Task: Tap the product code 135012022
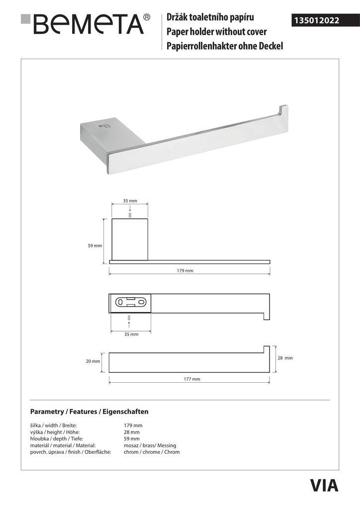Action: pos(317,21)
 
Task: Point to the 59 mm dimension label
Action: pos(94,246)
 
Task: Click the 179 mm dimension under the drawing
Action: pos(185,271)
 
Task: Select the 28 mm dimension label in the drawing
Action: pos(284,358)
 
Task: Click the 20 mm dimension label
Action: pos(93,361)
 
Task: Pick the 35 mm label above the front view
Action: pos(130,201)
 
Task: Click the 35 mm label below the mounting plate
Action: pos(131,335)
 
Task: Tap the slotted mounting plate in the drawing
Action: pos(131,302)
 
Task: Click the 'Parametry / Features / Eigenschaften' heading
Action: pos(90,412)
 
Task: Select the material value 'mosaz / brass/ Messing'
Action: pos(150,445)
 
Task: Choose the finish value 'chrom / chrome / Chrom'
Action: pos(152,452)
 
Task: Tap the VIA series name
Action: pos(324,485)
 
